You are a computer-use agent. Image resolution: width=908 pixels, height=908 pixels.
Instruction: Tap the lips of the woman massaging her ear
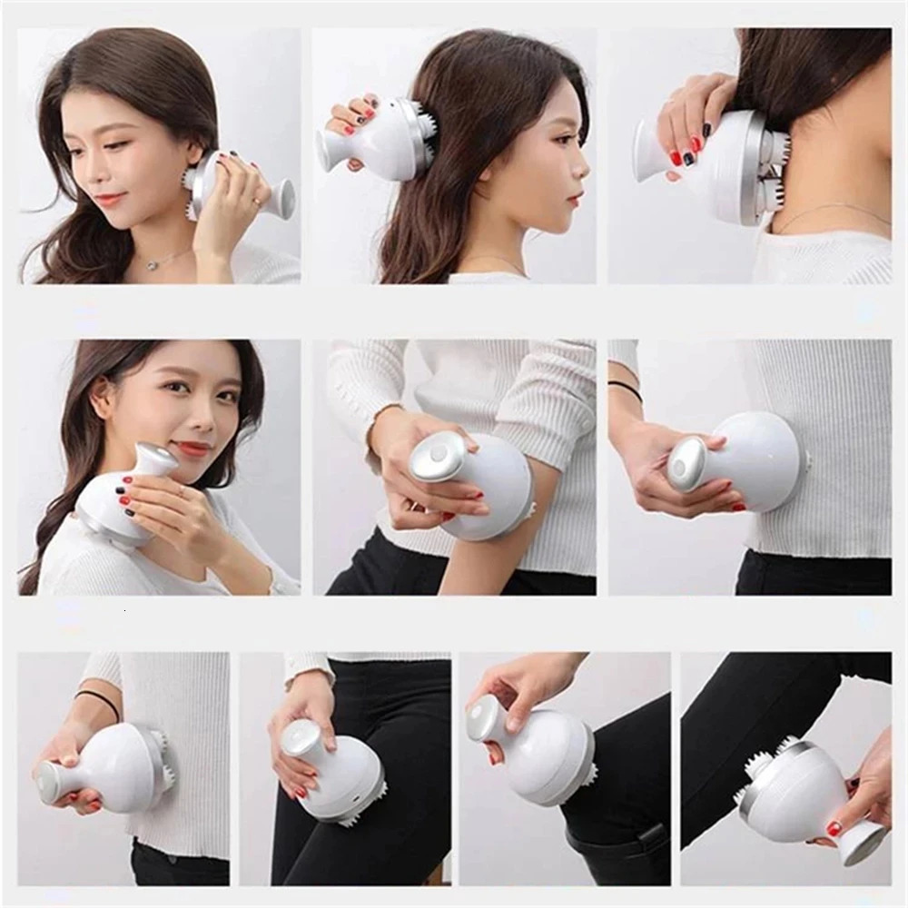point(110,197)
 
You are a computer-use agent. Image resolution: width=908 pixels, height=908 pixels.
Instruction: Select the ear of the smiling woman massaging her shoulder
point(102,397)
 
